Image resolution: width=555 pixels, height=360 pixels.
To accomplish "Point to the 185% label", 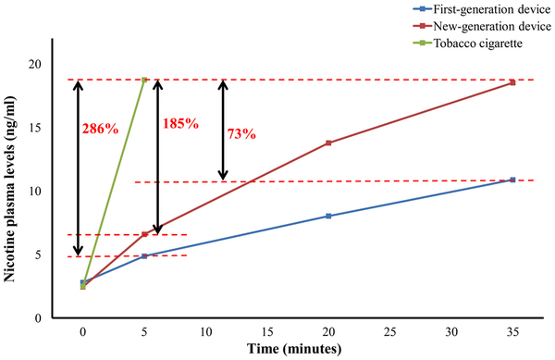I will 181,123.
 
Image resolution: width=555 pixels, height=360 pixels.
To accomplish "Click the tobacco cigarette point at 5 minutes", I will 144,80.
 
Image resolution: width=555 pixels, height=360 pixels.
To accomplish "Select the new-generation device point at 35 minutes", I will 512,82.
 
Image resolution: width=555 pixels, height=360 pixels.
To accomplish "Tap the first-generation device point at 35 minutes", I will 512,180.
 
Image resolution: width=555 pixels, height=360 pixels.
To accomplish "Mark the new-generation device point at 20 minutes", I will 328,143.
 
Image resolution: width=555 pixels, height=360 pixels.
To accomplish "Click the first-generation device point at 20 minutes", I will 328,216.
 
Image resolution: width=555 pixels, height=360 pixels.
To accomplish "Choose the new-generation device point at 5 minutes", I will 144,234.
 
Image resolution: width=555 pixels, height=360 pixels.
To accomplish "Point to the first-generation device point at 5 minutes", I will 144,254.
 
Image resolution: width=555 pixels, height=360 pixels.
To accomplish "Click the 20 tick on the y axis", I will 59,65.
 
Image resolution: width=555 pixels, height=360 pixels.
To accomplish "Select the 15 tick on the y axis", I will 59,128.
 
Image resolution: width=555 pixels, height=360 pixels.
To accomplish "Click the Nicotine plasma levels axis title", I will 12,185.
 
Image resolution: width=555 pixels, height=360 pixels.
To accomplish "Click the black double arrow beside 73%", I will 222,130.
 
